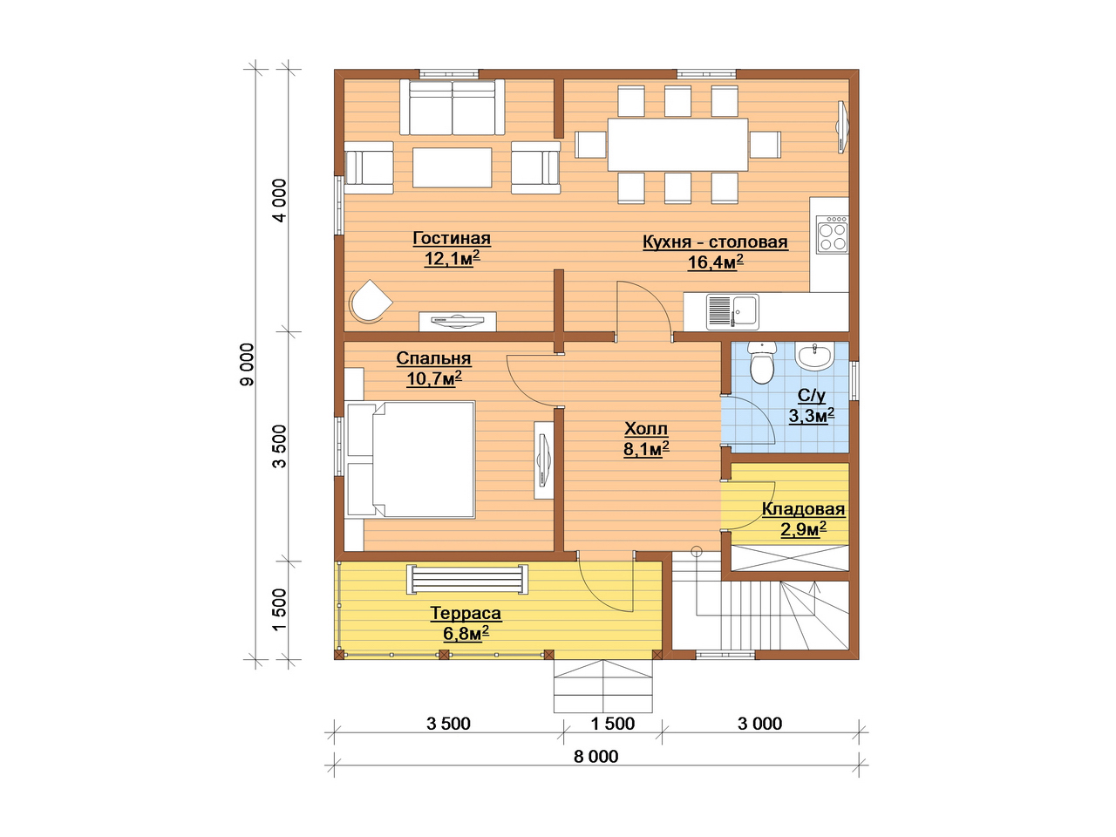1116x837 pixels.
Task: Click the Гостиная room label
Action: tap(452, 238)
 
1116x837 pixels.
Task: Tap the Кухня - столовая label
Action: tap(715, 242)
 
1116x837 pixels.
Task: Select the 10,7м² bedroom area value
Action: tap(434, 378)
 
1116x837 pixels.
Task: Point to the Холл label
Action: tap(646, 429)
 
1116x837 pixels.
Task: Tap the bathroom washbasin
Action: tap(814, 357)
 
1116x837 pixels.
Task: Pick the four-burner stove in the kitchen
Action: tap(832, 235)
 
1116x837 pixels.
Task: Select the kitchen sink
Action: tap(732, 311)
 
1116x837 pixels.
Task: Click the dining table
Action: tap(677, 145)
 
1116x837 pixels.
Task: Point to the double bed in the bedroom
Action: tap(411, 459)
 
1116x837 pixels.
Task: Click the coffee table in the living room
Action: tap(452, 167)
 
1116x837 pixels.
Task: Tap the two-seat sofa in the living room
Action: tap(452, 107)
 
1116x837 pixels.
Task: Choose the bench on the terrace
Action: tap(466, 579)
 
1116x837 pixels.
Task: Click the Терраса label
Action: tap(466, 614)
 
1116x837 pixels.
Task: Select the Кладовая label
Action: tap(803, 508)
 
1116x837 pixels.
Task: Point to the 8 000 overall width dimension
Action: tap(595, 757)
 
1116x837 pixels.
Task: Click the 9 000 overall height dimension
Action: tap(247, 364)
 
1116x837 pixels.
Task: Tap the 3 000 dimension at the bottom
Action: tap(759, 724)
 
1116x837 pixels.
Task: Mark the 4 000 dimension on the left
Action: tap(280, 201)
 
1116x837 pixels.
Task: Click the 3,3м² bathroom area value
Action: tap(812, 415)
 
